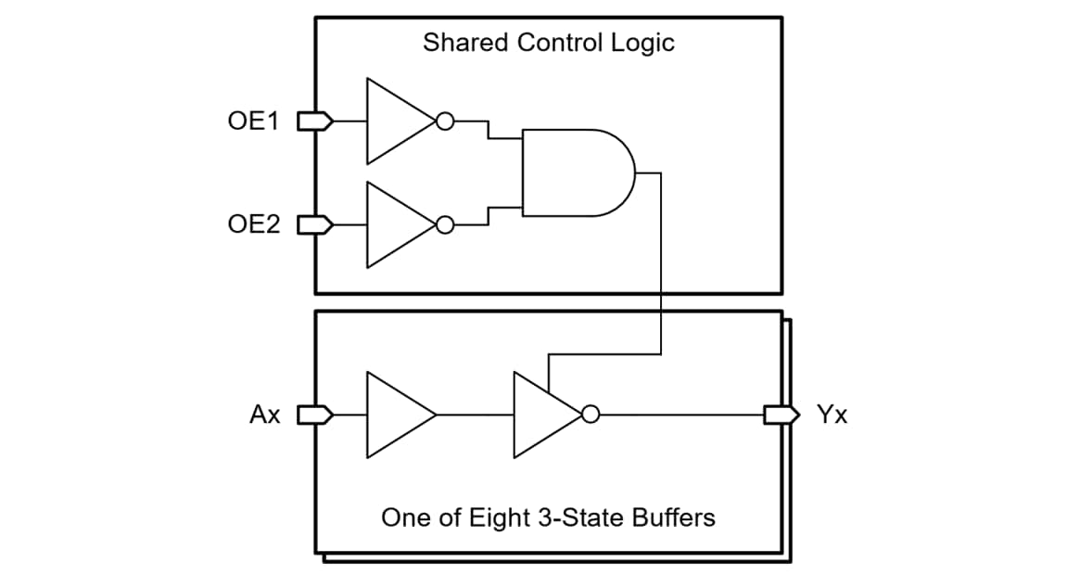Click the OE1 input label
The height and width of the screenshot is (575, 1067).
253,121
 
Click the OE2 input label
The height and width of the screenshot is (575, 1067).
253,224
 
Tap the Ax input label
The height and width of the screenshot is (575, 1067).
265,415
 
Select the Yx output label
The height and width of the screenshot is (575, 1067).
832,415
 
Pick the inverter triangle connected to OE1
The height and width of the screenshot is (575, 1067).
394,121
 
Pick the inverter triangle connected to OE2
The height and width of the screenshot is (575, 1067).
394,224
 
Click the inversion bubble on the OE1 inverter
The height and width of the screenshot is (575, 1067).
445,121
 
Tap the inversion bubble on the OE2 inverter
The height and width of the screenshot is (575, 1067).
445,224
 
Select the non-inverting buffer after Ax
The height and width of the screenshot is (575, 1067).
396,415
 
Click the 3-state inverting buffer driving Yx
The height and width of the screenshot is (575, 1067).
542,415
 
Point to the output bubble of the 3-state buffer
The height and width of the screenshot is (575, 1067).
591,415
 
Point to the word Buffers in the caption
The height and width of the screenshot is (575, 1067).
673,517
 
